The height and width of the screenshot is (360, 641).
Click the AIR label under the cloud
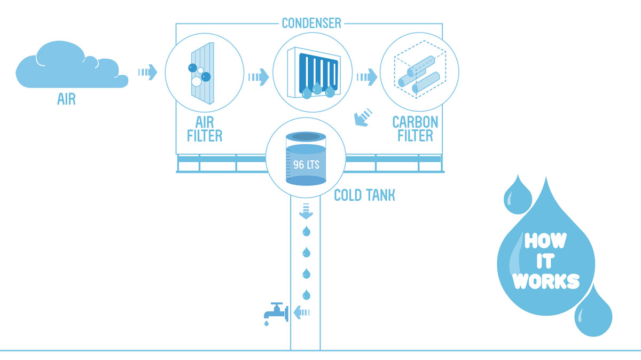click(66, 99)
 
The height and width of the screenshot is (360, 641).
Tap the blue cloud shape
click(69, 68)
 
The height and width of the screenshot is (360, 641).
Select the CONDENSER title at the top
click(311, 24)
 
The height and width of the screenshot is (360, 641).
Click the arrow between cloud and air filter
click(147, 72)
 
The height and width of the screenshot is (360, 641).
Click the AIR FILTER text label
click(205, 129)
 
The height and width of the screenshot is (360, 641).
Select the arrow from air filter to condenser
click(258, 77)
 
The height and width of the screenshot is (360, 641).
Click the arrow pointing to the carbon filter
click(367, 77)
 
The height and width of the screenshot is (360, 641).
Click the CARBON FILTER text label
click(415, 129)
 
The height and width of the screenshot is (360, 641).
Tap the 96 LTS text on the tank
click(306, 164)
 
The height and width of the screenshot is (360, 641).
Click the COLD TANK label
click(364, 195)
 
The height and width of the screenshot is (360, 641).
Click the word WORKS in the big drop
click(546, 281)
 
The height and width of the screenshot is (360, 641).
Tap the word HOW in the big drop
click(545, 241)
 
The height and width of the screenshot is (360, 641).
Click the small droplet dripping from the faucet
click(265, 324)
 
